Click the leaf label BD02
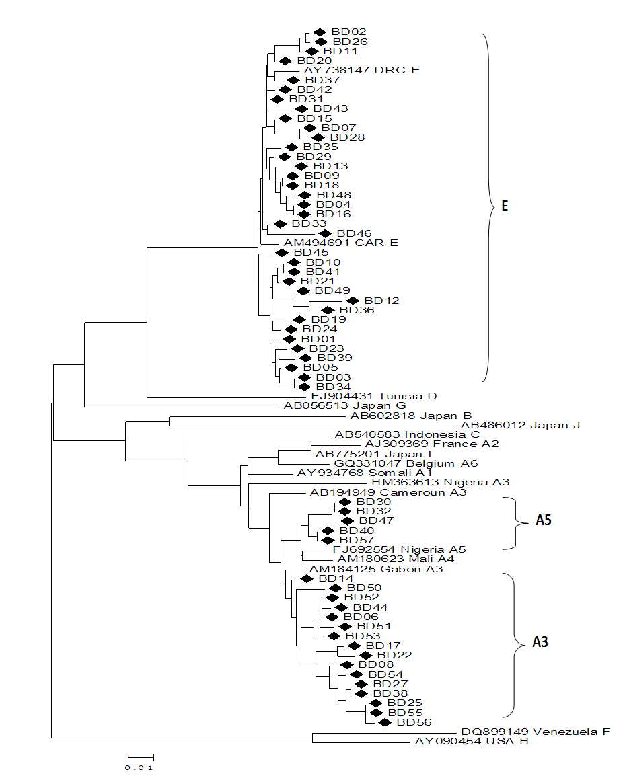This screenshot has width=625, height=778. click(348, 32)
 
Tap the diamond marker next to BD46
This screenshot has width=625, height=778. click(325, 233)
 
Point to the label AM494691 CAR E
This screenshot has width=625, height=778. click(340, 243)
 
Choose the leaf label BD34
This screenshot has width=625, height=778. click(333, 387)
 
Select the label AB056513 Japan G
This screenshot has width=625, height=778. click(342, 406)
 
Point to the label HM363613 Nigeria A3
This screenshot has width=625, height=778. click(440, 482)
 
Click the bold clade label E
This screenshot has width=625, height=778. click(504, 206)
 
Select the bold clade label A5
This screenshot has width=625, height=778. click(544, 520)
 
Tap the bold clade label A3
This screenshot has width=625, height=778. click(540, 642)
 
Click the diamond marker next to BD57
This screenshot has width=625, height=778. click(328, 540)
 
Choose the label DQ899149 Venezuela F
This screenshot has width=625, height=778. click(536, 732)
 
